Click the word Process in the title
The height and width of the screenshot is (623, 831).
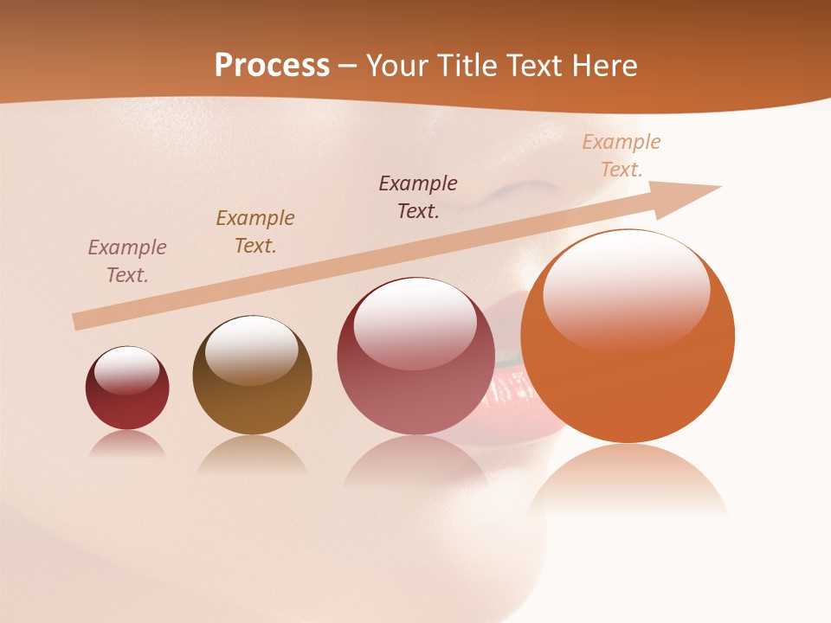pyautogui.click(x=272, y=66)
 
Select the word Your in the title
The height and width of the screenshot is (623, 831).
pyautogui.click(x=397, y=66)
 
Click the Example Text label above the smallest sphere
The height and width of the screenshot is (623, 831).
pyautogui.click(x=127, y=261)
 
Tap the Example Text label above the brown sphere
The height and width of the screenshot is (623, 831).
pyautogui.click(x=255, y=232)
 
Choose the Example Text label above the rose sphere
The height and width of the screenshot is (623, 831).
pyautogui.click(x=418, y=197)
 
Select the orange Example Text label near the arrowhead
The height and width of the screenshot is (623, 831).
pyautogui.click(x=622, y=156)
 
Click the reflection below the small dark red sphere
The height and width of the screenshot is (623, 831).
pyautogui.click(x=127, y=444)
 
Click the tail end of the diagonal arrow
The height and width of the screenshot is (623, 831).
pyautogui.click(x=78, y=321)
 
